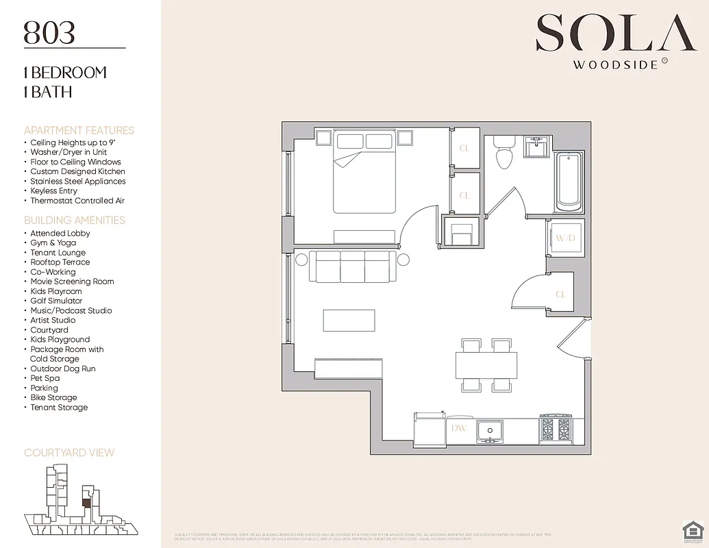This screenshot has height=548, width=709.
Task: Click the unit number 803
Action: (x=49, y=32)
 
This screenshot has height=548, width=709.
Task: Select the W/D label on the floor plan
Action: (x=565, y=238)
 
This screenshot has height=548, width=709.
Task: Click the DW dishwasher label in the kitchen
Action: (x=458, y=428)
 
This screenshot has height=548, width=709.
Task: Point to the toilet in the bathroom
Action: (x=504, y=152)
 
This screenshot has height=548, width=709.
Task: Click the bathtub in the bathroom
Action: (x=569, y=181)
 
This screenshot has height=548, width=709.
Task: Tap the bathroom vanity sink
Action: (x=535, y=147)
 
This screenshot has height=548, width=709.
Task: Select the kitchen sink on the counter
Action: (x=490, y=429)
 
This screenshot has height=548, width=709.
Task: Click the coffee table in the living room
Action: (x=349, y=321)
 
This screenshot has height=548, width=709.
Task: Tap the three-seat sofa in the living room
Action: (x=352, y=266)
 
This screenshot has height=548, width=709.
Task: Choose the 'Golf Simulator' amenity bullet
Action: (x=56, y=301)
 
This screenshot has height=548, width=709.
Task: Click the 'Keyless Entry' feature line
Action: (x=53, y=191)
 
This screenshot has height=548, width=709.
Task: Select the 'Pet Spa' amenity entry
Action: (x=45, y=378)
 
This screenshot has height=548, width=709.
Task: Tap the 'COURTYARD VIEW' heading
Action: (x=69, y=453)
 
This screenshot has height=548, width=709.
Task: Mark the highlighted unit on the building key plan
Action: (x=86, y=502)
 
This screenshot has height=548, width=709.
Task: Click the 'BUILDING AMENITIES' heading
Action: (x=75, y=221)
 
